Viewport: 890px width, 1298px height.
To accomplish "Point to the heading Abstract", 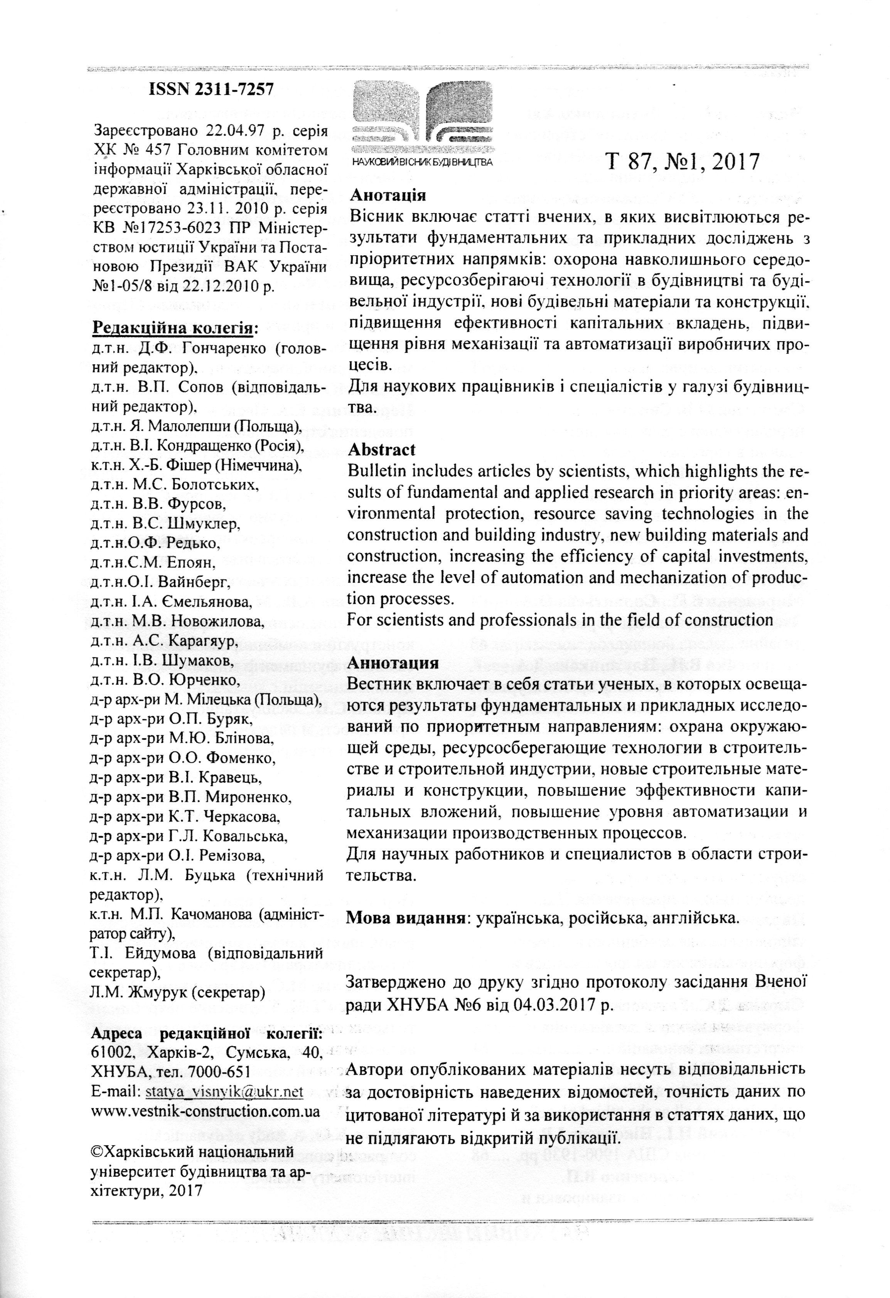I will [x=382, y=450].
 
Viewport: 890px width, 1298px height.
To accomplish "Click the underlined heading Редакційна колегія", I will [x=173, y=327].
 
